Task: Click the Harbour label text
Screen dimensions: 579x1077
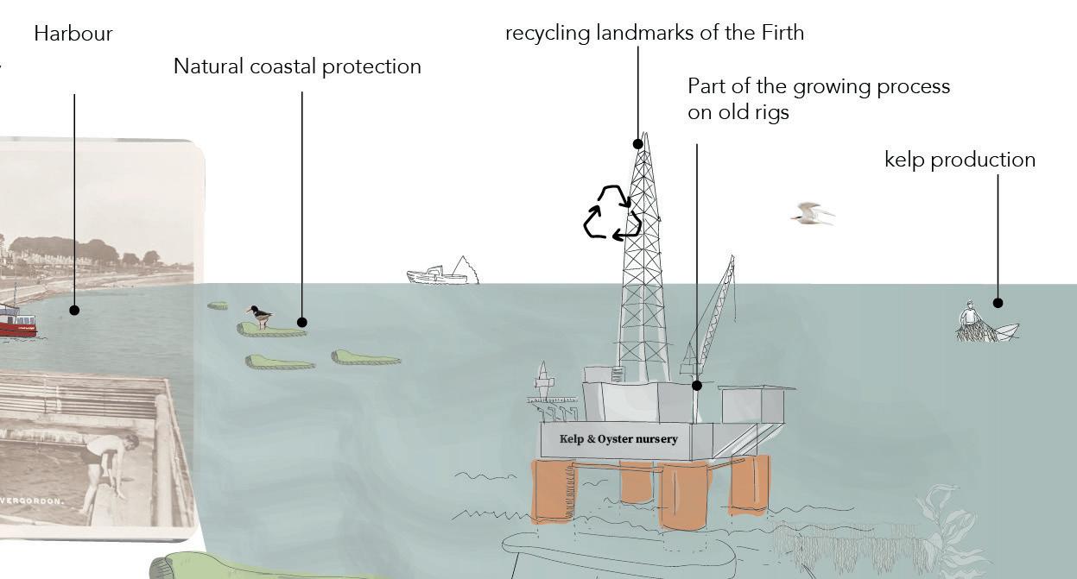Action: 73,34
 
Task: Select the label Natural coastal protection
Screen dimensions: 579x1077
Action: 297,66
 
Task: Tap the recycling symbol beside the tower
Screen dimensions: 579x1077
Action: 612,212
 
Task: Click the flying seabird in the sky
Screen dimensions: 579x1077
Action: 811,213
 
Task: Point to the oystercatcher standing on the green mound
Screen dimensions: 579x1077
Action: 258,316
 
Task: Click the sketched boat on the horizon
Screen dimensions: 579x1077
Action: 440,274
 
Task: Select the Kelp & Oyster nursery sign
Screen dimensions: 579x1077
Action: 618,439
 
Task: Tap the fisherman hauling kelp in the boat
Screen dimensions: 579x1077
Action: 972,322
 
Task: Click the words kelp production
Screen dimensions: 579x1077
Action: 960,160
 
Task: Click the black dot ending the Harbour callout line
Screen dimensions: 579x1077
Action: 74,310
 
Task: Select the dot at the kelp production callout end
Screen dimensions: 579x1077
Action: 998,303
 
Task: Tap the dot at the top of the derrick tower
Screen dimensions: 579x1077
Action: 638,144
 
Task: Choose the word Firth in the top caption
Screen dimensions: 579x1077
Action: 782,33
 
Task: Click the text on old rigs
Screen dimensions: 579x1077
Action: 738,112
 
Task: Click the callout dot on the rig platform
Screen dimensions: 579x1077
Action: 697,386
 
